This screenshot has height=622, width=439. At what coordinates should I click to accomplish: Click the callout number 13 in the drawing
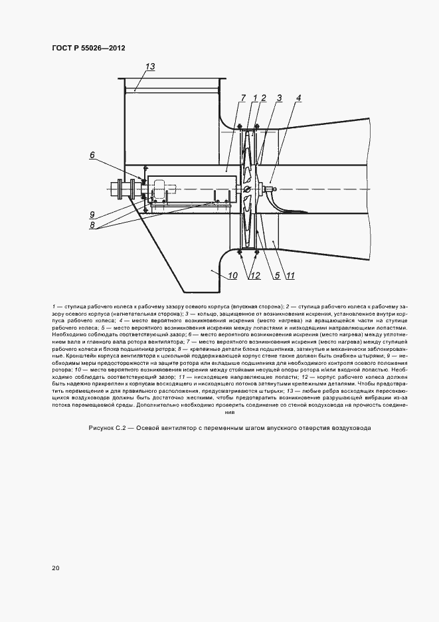click(x=150, y=66)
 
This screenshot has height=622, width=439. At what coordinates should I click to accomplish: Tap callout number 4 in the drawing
click(x=298, y=98)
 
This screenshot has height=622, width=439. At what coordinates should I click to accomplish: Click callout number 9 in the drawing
click(x=94, y=214)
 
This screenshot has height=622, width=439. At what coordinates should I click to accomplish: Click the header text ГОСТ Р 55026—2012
click(x=88, y=48)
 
